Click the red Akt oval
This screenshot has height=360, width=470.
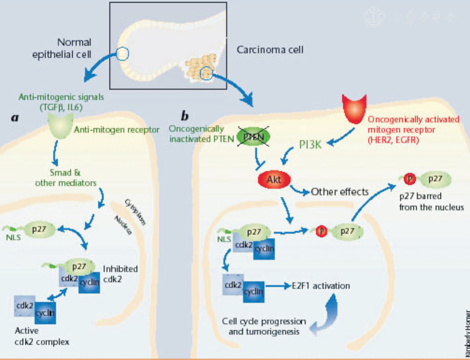pos(274,180)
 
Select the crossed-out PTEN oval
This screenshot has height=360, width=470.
pos(253,136)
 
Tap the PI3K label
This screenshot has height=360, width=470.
pos(310,145)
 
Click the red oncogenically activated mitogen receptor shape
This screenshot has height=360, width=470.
pos(354,108)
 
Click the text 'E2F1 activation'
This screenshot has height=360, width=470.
pos(321,286)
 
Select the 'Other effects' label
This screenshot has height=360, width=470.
pos(339,192)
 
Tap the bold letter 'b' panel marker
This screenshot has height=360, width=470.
pos(185,116)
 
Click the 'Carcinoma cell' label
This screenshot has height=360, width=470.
pos(270,50)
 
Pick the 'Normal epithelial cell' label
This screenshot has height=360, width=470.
pos(62,48)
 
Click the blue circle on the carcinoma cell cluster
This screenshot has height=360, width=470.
pos(206,73)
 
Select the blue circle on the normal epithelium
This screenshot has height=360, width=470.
pos(122,54)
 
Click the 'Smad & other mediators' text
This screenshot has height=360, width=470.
pos(66,178)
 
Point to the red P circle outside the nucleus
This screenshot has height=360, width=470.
pos(410,179)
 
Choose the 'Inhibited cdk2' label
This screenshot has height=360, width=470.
pos(120,274)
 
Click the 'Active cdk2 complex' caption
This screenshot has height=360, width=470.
pos(42,336)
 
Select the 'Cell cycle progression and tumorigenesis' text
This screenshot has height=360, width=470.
pos(264,327)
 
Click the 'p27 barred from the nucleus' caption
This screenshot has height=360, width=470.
pos(431,202)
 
